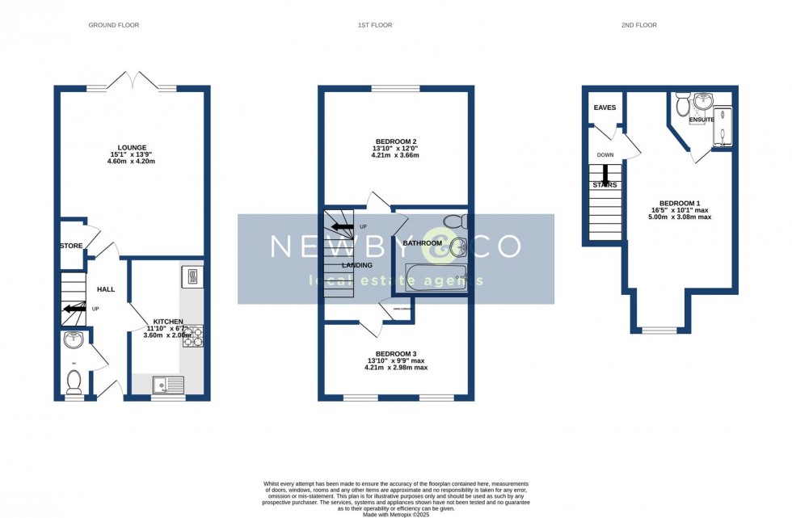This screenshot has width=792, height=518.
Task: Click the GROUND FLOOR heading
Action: point(113,25)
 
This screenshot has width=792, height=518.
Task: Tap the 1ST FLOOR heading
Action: point(375,25)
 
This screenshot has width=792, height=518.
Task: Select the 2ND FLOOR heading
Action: point(639,25)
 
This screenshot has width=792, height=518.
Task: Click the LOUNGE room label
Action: point(132,147)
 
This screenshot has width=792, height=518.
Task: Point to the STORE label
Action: point(71,246)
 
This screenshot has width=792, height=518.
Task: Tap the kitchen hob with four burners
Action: point(194,336)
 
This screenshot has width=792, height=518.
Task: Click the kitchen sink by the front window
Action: point(167,385)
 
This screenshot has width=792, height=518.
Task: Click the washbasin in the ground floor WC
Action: point(73,341)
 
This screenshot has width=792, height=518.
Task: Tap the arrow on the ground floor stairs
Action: point(76,308)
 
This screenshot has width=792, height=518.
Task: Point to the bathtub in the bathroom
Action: point(436,277)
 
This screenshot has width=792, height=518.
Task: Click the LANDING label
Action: point(357,265)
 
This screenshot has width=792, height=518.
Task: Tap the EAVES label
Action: point(605,107)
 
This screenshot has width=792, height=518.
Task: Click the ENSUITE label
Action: point(701,120)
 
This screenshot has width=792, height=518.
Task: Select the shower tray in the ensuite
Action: point(722,128)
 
